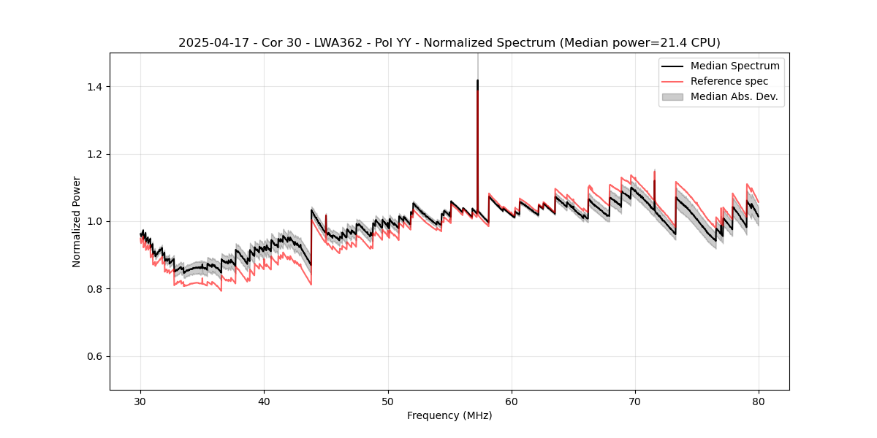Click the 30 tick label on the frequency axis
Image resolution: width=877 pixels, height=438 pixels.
click(141, 401)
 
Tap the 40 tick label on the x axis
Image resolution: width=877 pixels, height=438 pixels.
click(265, 401)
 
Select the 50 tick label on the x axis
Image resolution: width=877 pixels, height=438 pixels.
click(388, 401)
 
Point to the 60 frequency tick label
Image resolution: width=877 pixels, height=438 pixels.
click(512, 401)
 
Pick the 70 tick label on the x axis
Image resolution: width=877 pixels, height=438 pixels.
click(635, 401)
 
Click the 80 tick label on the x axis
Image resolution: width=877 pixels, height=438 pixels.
click(759, 401)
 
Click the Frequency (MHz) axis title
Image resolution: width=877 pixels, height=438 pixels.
click(449, 415)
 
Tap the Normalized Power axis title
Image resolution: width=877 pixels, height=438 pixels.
click(77, 221)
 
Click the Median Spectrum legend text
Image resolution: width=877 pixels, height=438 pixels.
click(735, 66)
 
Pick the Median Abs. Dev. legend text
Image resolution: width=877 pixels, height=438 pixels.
click(734, 96)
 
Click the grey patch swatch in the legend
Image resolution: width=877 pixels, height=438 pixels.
click(672, 96)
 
